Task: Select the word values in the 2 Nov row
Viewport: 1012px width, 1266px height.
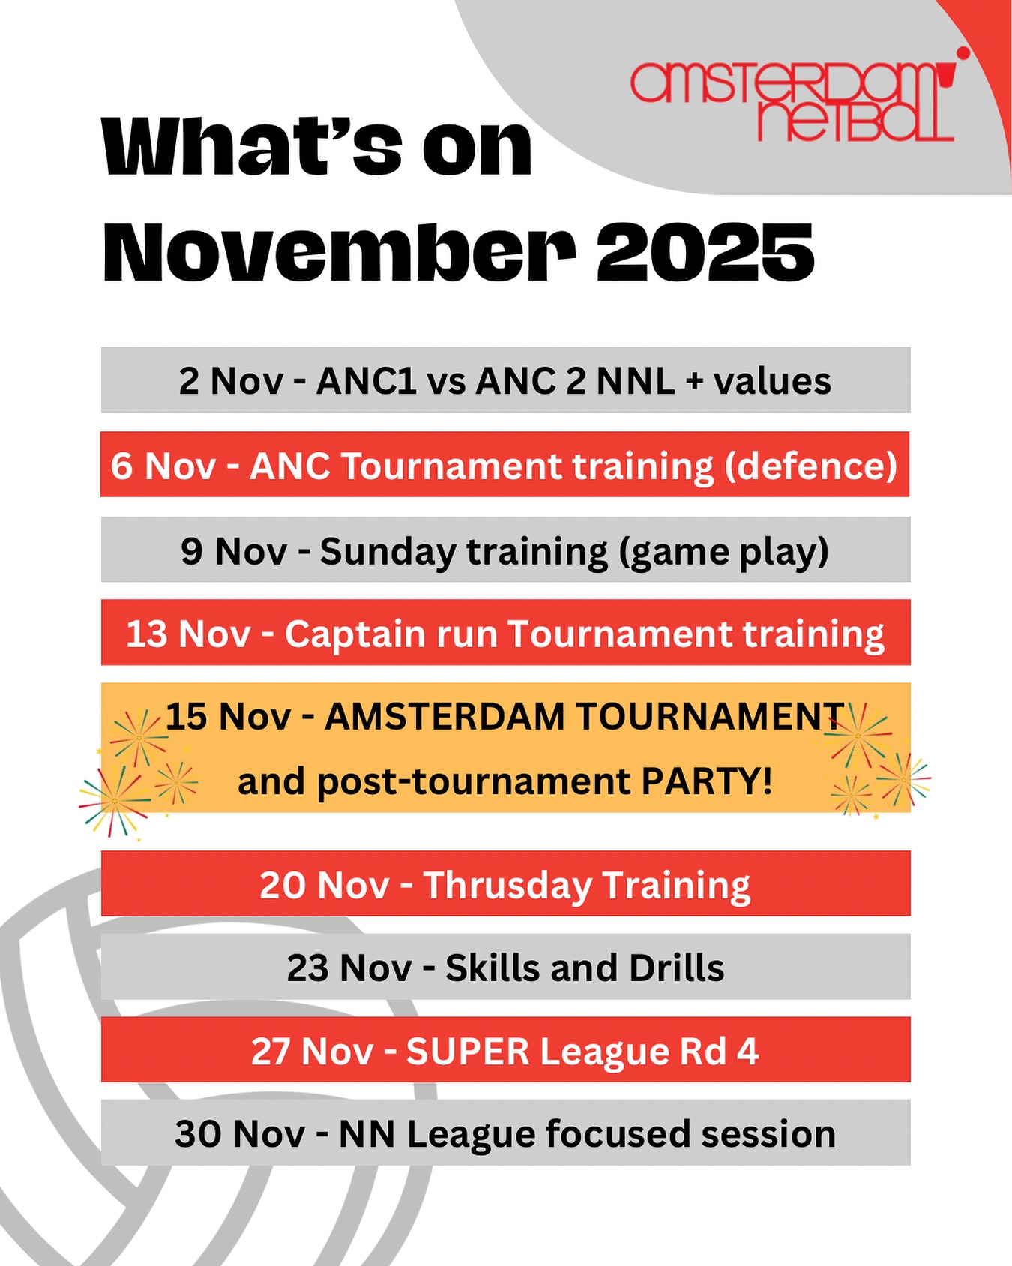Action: [x=772, y=381]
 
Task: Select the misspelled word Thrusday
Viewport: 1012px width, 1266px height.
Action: [x=507, y=885]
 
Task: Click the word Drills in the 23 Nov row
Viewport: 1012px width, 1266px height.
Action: [x=676, y=968]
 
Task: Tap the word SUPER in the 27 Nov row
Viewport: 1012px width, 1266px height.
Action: [x=468, y=1051]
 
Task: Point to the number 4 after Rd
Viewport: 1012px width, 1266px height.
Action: [x=747, y=1051]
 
